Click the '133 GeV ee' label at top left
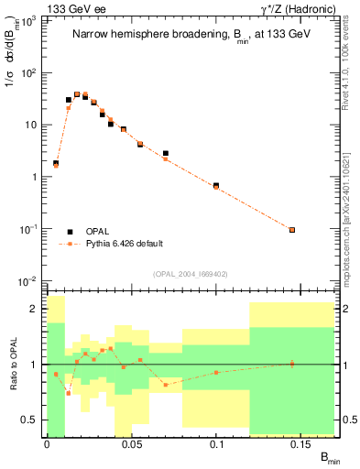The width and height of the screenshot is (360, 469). (x=73, y=8)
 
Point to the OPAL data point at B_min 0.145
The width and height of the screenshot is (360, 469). (x=292, y=230)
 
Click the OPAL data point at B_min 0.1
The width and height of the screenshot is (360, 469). (x=216, y=186)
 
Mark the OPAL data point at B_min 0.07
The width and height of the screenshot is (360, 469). (x=165, y=154)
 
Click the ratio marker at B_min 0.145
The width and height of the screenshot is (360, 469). (x=292, y=364)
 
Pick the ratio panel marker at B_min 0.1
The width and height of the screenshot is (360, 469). (x=216, y=372)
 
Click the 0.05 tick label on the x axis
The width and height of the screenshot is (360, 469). (x=131, y=444)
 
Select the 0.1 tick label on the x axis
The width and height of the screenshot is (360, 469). (x=216, y=444)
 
